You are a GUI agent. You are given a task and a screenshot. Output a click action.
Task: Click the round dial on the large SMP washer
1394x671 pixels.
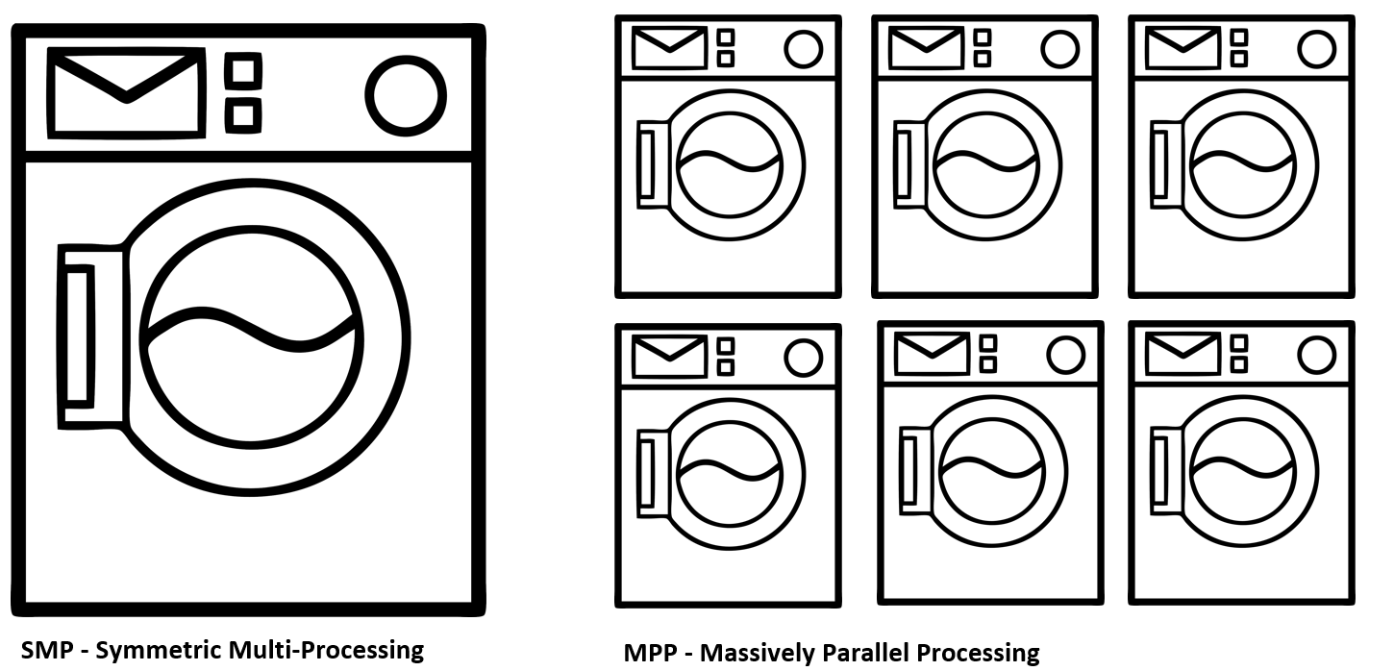pyautogui.click(x=406, y=96)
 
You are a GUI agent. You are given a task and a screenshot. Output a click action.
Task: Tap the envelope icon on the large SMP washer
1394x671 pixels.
pyautogui.click(x=126, y=93)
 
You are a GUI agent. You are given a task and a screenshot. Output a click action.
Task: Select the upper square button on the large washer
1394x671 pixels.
pyautogui.click(x=243, y=71)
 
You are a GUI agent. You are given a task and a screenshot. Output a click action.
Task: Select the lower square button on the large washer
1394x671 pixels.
pyautogui.click(x=243, y=115)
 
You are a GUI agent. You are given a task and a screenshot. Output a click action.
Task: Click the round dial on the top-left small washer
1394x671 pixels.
pyautogui.click(x=804, y=49)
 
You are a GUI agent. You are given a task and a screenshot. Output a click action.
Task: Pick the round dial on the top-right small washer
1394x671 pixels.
pyautogui.click(x=1317, y=49)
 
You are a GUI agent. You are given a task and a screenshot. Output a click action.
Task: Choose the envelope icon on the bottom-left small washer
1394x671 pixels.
pyautogui.click(x=669, y=357)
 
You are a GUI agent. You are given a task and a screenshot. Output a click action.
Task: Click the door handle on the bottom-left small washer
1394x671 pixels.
pyautogui.click(x=648, y=471)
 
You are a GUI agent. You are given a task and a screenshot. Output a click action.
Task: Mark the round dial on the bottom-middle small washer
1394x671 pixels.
pyautogui.click(x=1065, y=355)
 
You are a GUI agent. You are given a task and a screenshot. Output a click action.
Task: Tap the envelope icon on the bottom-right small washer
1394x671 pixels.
pyautogui.click(x=1182, y=353)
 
